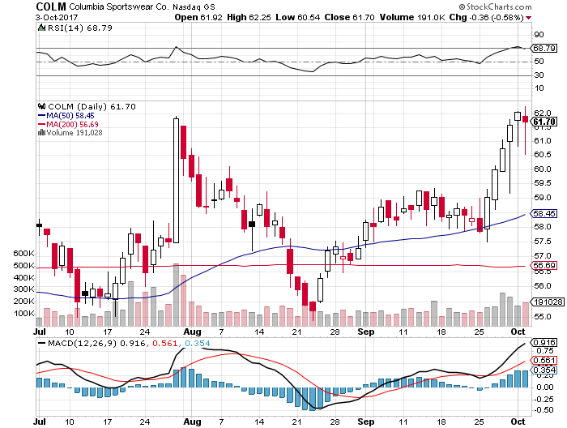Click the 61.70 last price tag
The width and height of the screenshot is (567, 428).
click(543, 122)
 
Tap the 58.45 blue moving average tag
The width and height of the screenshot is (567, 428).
click(543, 214)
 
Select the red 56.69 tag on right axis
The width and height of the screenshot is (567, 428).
click(543, 265)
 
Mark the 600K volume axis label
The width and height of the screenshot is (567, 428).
click(23, 253)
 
